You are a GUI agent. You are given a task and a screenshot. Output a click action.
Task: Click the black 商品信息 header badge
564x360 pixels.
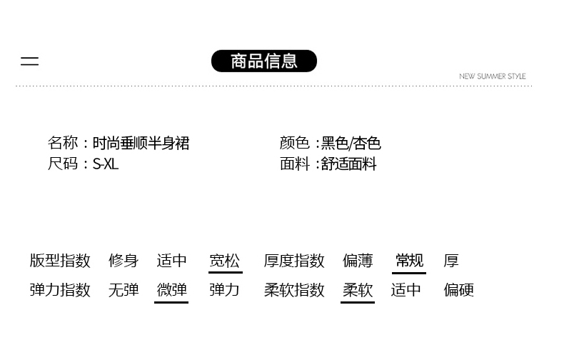pos(264,61)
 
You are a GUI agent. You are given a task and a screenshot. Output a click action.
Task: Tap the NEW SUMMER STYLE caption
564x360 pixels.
pos(492,76)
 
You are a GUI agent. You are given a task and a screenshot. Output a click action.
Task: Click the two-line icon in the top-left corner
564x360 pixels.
pos(29,61)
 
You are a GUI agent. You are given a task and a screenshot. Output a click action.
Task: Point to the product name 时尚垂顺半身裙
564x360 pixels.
pos(141,144)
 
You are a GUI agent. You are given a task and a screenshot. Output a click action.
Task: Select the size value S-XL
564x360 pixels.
pos(106,164)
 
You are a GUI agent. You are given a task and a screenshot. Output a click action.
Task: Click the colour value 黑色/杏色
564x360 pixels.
pos(351,144)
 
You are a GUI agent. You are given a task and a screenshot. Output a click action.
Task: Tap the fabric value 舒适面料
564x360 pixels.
pos(348,164)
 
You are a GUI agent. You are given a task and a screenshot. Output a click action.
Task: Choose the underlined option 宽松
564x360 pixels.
pos(225,261)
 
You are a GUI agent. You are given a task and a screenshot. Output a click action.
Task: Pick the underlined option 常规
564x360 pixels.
pos(409,261)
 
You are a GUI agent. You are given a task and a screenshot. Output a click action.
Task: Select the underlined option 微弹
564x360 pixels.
pos(171,290)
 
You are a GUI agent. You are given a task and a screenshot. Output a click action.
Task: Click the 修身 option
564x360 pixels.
pos(124,261)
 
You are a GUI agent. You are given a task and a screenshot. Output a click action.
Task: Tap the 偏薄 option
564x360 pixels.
pos(358,261)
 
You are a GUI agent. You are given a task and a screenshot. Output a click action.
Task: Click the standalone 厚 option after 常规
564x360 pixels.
pos(451,261)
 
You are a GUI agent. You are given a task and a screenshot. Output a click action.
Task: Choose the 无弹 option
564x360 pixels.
pos(124,290)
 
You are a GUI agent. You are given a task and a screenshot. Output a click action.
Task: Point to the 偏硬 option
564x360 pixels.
pos(458,290)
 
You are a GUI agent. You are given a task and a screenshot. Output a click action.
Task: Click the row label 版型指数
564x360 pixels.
pos(60,261)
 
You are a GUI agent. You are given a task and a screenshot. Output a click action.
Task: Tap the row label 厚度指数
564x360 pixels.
pos(294,261)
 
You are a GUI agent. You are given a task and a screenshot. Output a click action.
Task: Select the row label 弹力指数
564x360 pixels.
pos(60,290)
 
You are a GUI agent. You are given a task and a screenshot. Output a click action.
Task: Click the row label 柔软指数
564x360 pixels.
pos(294,290)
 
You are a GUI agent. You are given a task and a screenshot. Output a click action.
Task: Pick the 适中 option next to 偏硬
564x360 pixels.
pos(406,290)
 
